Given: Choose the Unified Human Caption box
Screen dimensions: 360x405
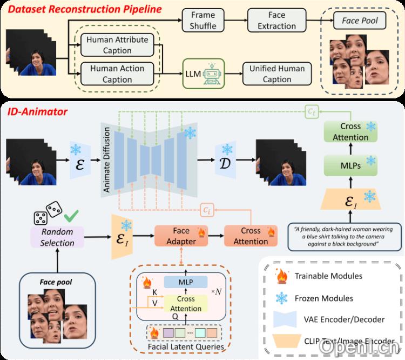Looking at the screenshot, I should tap(276, 74).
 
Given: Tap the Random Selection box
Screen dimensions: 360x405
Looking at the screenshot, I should tap(57, 237).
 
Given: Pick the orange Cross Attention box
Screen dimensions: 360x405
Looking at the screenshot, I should tap(251, 236).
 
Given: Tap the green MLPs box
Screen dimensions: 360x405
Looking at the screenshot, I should tap(350, 165).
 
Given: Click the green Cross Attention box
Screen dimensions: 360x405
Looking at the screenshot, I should tap(350, 131).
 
